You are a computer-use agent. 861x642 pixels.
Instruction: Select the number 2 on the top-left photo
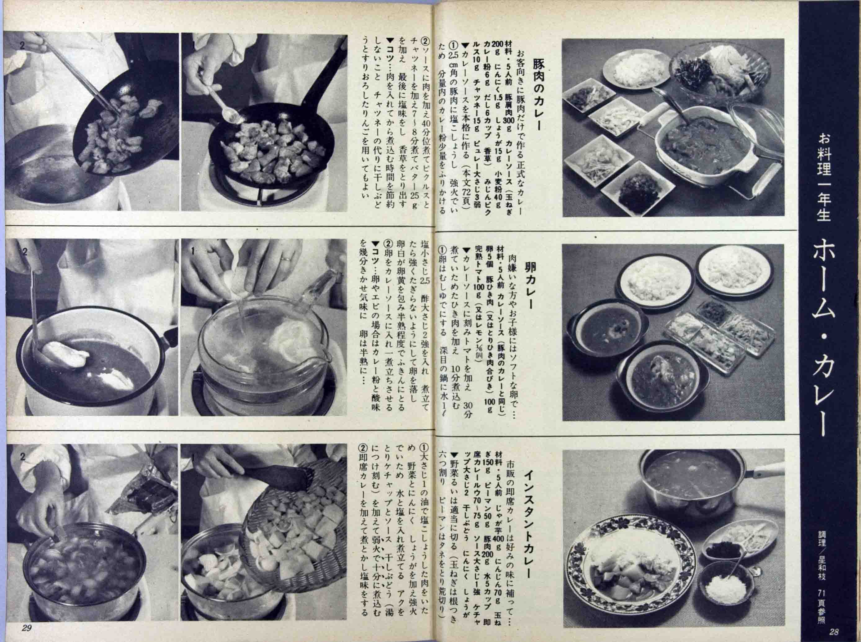[x=22, y=45]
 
